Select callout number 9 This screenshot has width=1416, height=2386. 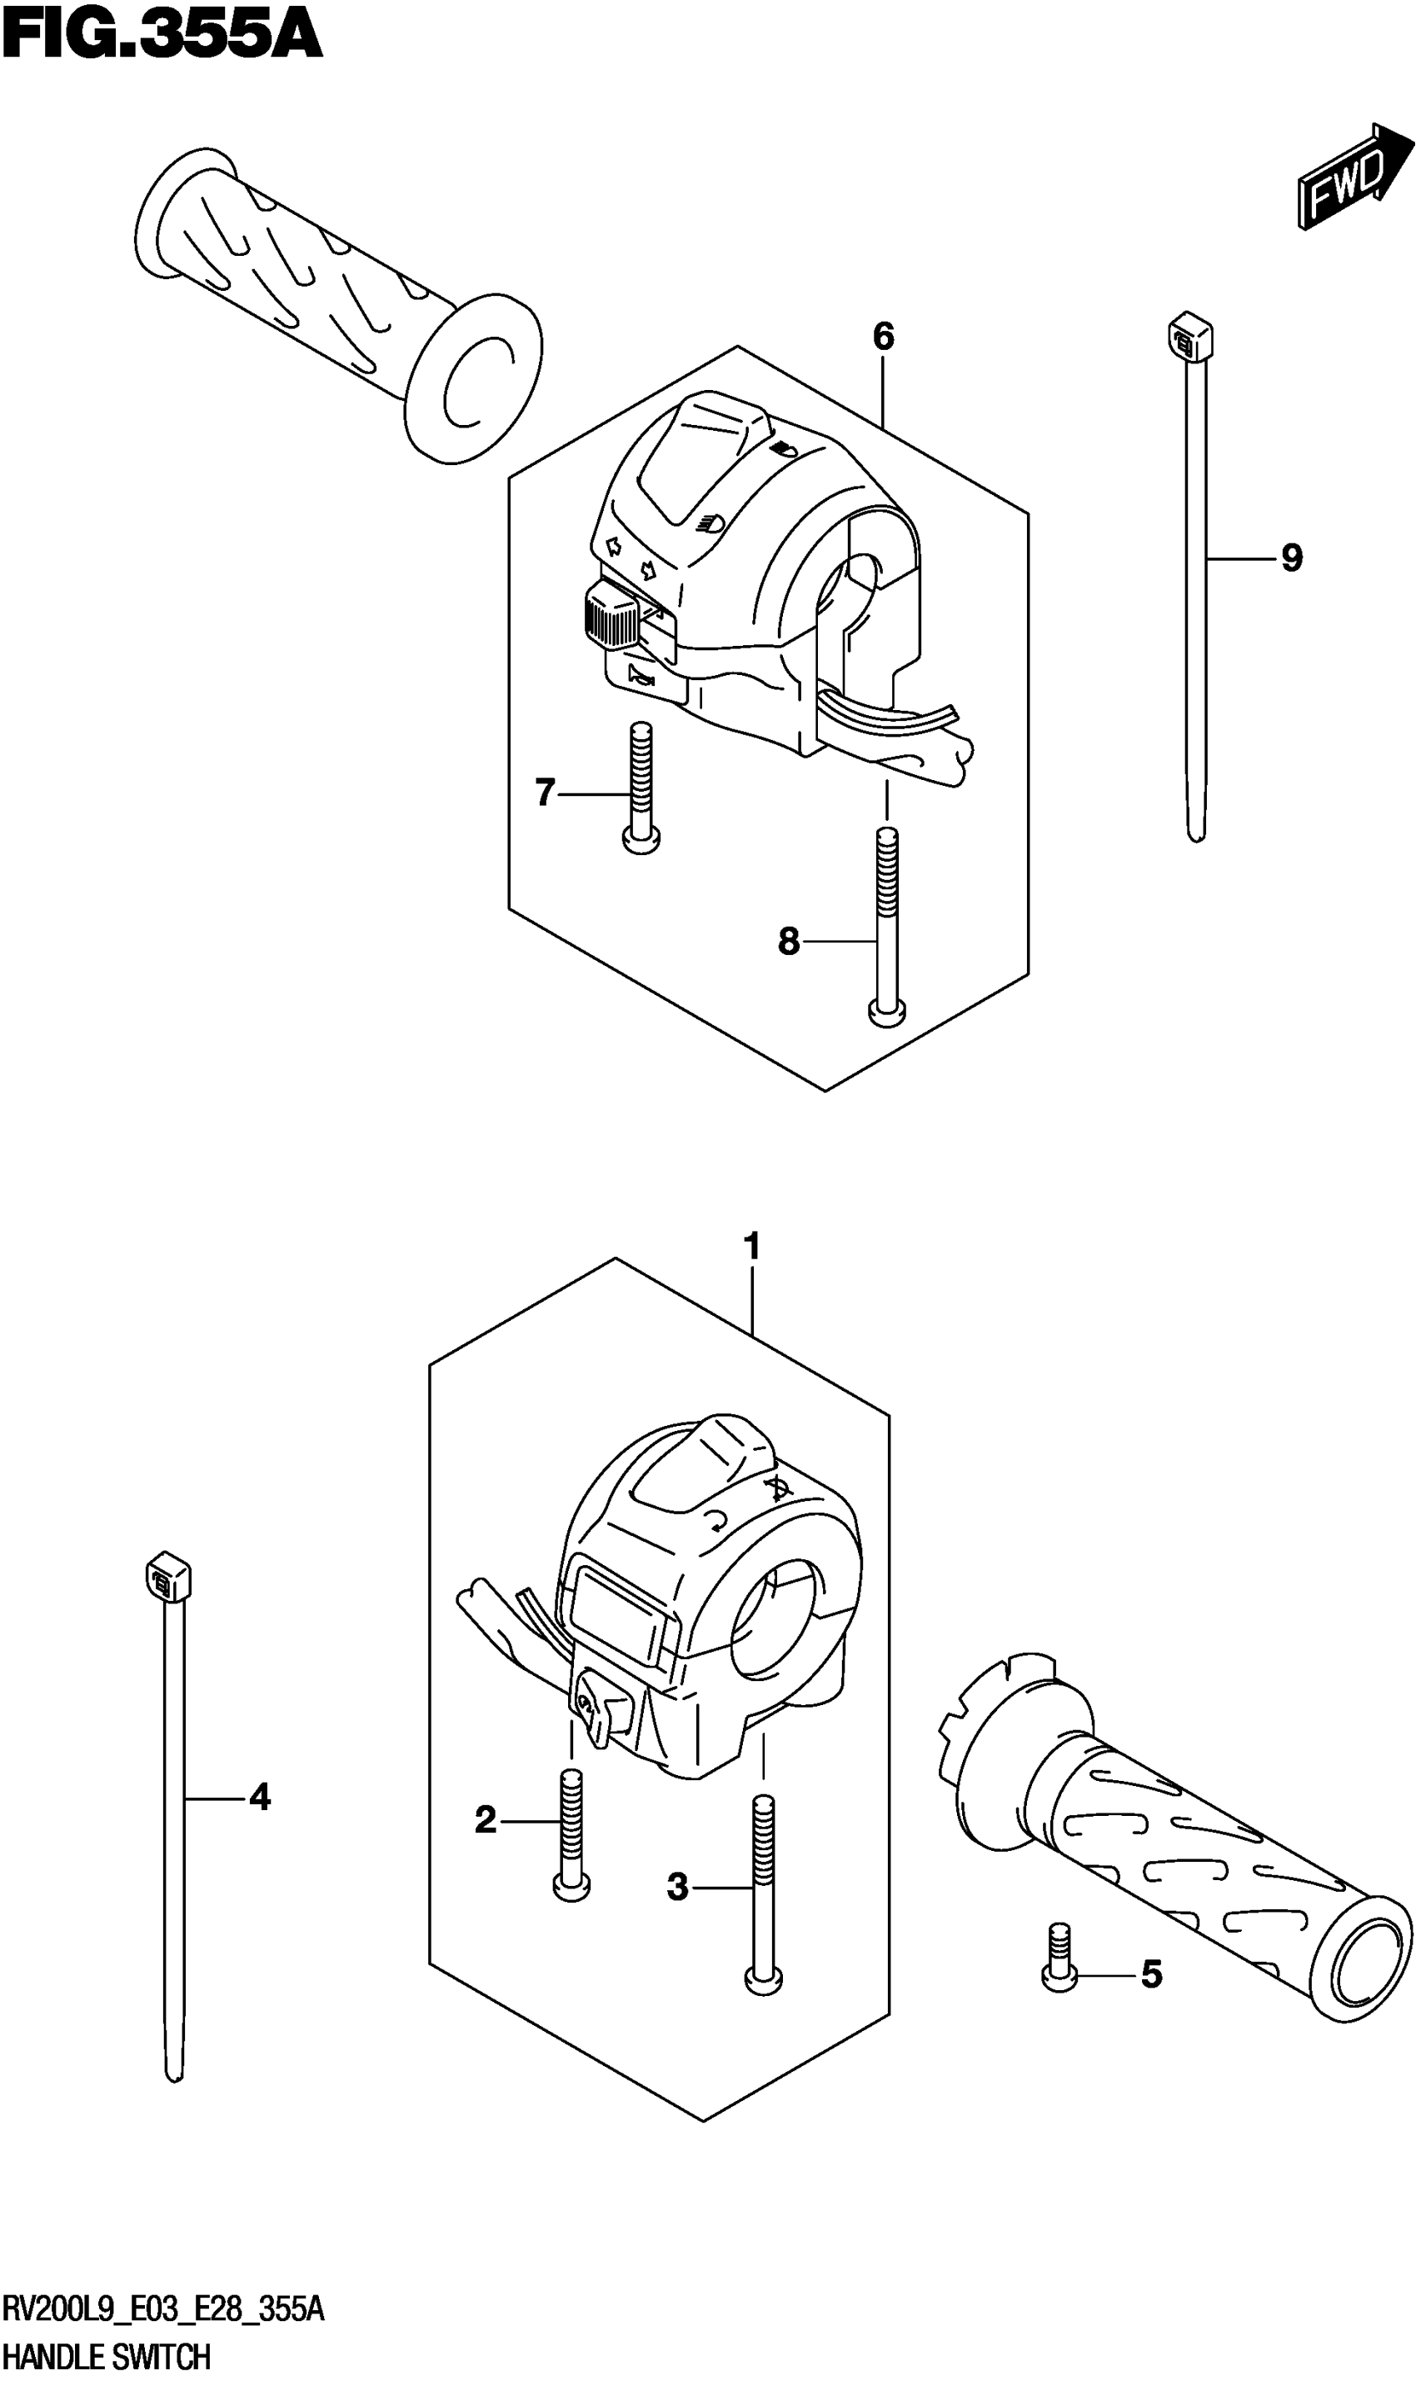tap(1291, 558)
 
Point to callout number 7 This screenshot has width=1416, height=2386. tap(545, 793)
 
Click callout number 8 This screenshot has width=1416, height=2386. tap(788, 942)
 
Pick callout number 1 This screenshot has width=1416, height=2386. tap(752, 1247)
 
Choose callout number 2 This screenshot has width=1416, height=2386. tap(486, 1821)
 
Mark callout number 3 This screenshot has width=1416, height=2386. tap(677, 1887)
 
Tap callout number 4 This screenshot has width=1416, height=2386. tap(260, 1798)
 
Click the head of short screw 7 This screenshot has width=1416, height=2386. tap(641, 840)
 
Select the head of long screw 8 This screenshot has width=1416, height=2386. tap(887, 1012)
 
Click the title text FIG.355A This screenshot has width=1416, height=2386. tap(162, 37)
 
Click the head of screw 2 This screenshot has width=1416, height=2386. tap(571, 1886)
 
